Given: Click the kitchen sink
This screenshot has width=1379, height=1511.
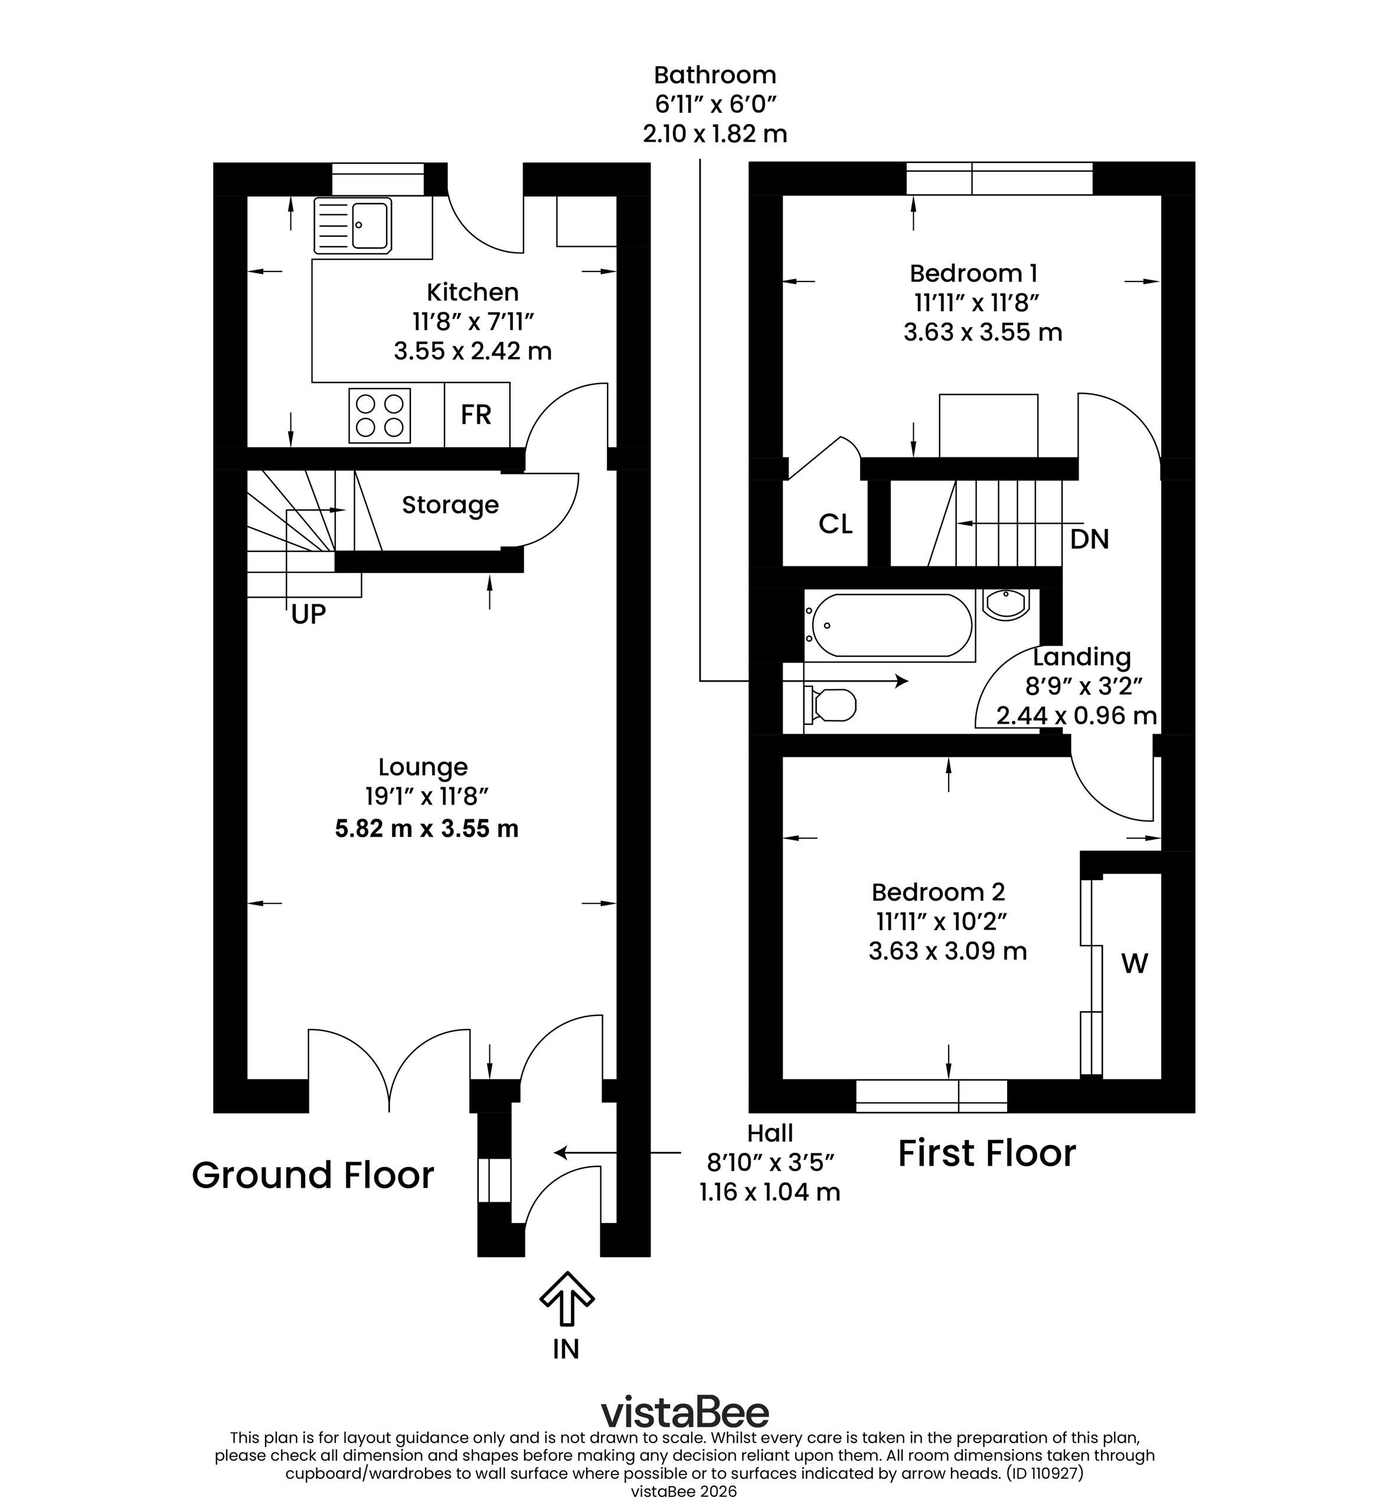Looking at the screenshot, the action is [x=352, y=225].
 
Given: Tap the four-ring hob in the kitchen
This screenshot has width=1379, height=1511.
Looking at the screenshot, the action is [x=379, y=415].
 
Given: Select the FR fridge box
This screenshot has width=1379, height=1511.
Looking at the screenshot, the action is [x=476, y=414].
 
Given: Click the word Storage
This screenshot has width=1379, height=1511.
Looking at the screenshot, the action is [x=450, y=505].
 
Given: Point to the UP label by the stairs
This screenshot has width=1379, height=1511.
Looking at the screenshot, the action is [x=308, y=614].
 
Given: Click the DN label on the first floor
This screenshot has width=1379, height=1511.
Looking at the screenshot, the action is [x=1089, y=539].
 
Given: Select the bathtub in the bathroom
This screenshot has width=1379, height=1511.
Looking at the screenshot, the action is [x=890, y=625].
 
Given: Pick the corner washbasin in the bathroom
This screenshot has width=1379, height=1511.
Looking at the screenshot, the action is [x=1007, y=604].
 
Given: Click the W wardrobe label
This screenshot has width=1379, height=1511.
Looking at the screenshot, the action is [x=1134, y=964].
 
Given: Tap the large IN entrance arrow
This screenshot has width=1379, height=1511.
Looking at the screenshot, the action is [x=567, y=1297].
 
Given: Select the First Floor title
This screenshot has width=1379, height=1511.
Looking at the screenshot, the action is [x=987, y=1153].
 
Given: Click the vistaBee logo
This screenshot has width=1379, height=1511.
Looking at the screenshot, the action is [x=685, y=1411].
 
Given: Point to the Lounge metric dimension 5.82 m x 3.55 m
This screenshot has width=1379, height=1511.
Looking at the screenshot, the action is [x=426, y=828].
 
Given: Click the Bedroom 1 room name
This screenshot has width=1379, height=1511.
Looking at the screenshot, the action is [x=973, y=273].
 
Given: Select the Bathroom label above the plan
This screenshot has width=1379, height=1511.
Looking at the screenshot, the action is [x=715, y=75].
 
